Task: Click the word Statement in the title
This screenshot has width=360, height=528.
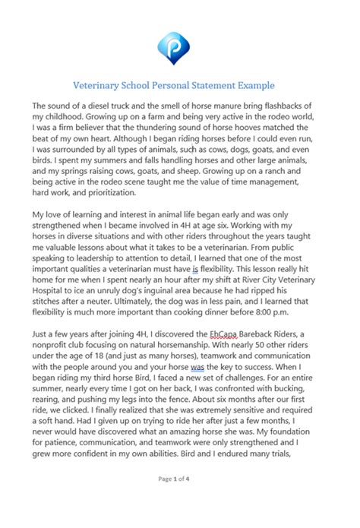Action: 213,85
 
